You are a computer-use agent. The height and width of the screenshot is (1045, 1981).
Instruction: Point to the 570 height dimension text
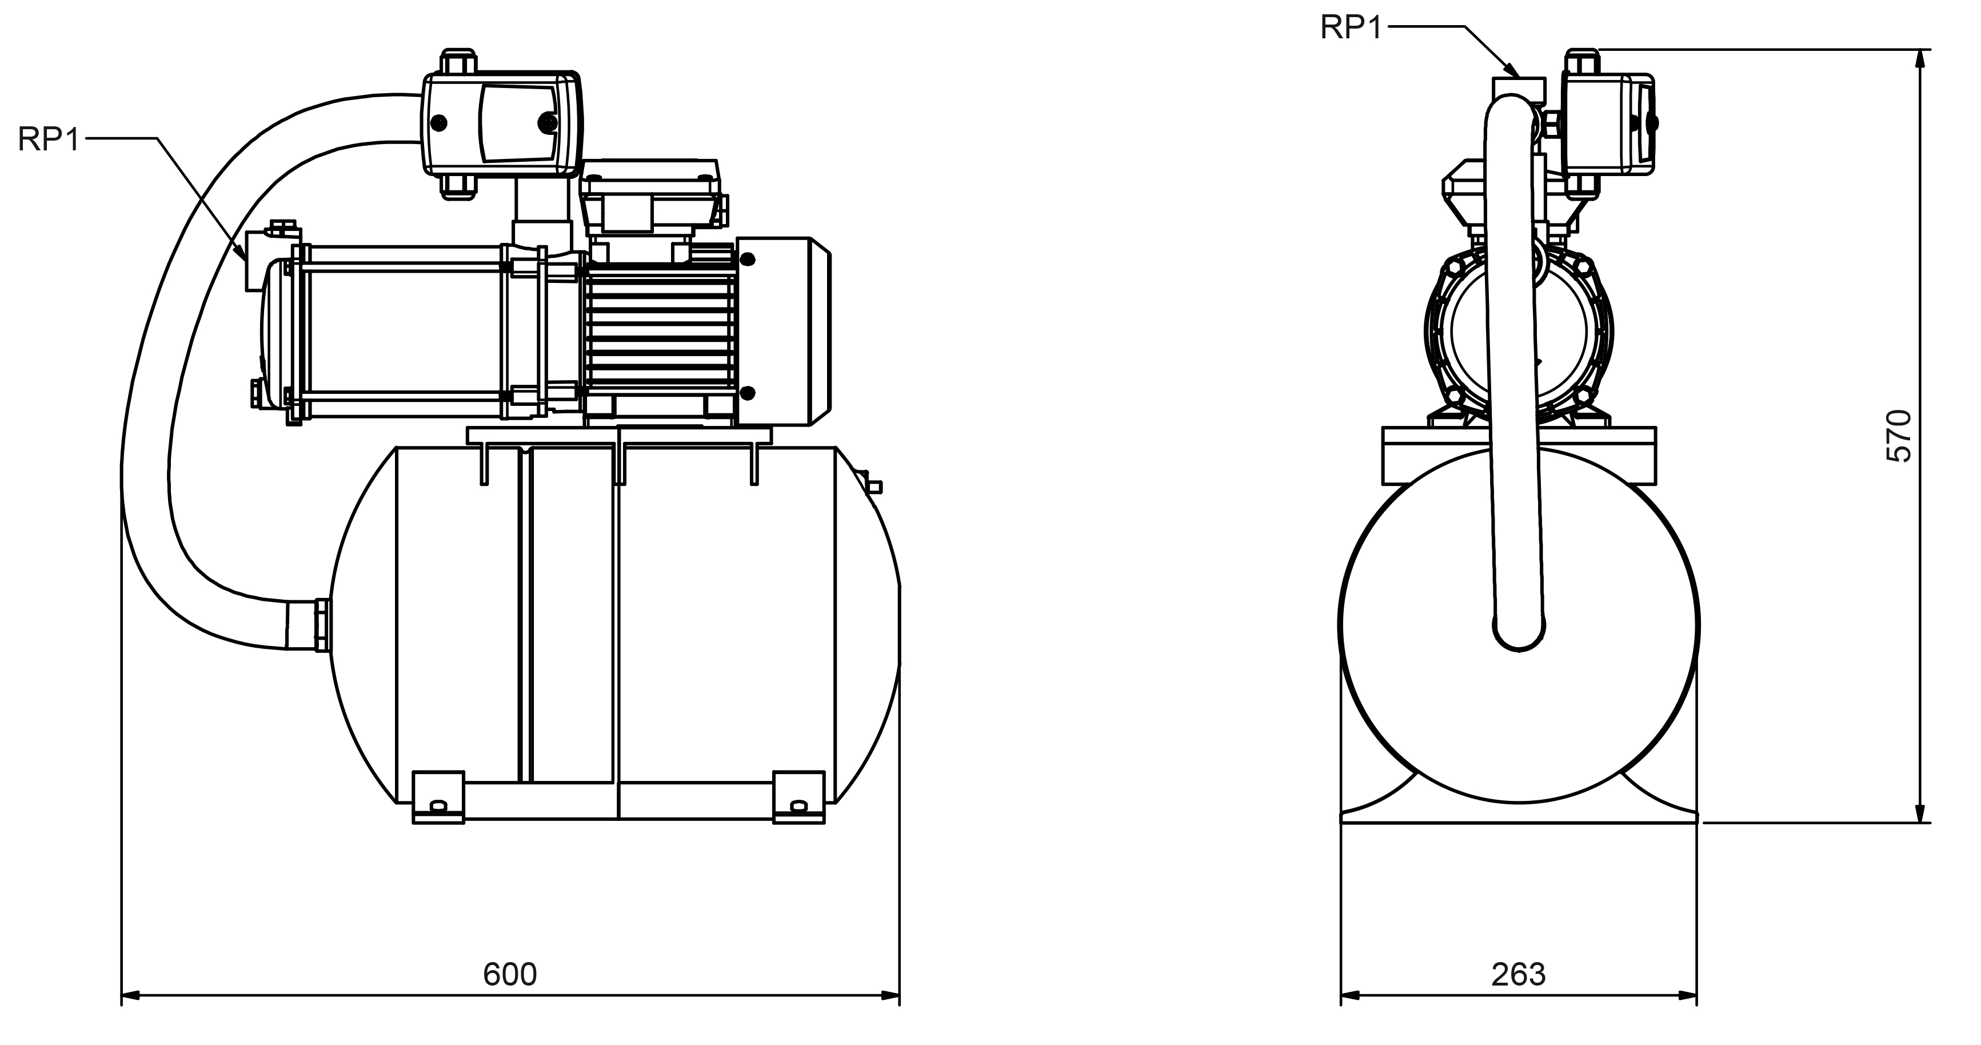tap(1899, 436)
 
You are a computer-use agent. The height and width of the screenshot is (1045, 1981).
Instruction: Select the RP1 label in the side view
tap(49, 140)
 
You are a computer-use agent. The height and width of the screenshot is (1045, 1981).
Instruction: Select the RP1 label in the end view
tap(1351, 27)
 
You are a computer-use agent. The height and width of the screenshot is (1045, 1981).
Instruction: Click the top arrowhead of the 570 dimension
tap(1920, 58)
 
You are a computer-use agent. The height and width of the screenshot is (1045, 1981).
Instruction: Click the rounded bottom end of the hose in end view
tap(1519, 635)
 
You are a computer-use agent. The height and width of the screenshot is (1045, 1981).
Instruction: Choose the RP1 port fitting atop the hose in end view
tap(1519, 86)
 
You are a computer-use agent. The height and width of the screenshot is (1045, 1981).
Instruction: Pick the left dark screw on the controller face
tap(439, 122)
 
